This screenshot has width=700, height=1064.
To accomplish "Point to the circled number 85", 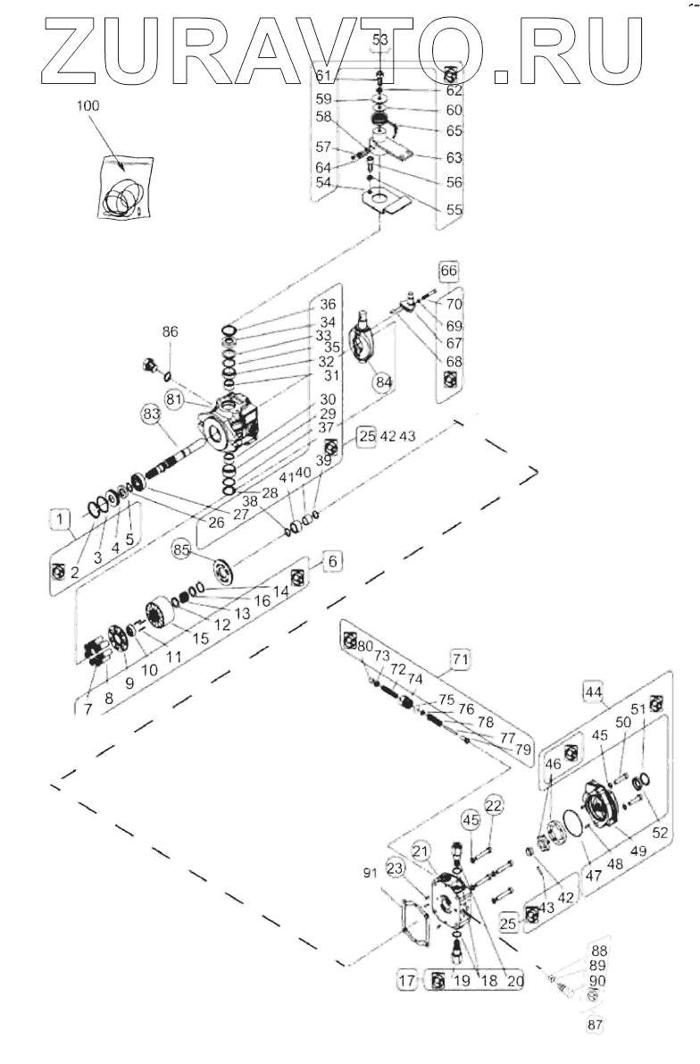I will [182, 551].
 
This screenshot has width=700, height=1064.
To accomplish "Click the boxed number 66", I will [448, 269].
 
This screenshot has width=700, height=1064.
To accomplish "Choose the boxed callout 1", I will [59, 519].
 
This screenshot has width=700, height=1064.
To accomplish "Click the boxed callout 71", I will [459, 660].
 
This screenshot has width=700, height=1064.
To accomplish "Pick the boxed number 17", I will [408, 981].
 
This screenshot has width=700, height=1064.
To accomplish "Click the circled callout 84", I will [383, 382].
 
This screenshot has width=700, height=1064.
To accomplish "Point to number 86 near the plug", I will [170, 332].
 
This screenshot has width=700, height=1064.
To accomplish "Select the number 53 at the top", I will [380, 40].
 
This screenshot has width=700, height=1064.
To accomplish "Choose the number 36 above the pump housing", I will [328, 305].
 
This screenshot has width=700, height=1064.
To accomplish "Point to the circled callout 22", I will [494, 805].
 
